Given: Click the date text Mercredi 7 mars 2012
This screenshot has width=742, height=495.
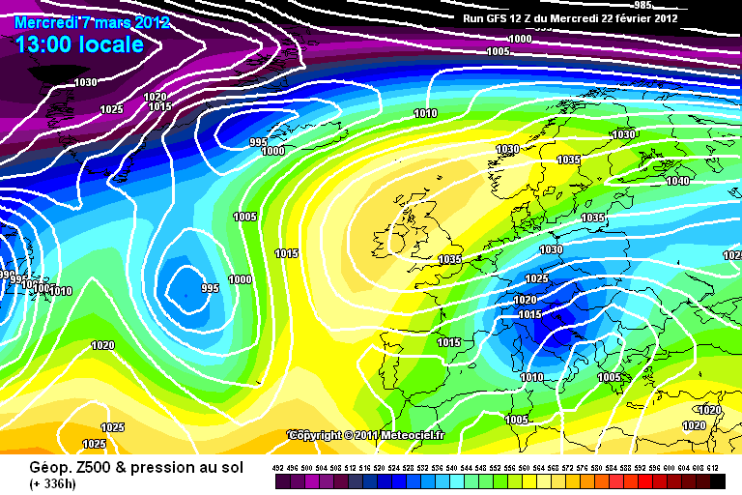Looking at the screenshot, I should [x=93, y=22].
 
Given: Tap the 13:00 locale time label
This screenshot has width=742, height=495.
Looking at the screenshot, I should [x=79, y=44].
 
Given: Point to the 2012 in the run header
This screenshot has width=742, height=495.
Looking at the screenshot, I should [x=664, y=17].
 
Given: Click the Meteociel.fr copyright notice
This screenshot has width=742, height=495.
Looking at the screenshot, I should [x=366, y=435].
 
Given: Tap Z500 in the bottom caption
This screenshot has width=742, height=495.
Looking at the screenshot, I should [x=94, y=467].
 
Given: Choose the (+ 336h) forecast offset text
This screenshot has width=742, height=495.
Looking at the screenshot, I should [x=57, y=483].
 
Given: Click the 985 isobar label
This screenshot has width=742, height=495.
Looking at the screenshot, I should [x=670, y=86].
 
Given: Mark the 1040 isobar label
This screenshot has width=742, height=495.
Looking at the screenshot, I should [x=677, y=181].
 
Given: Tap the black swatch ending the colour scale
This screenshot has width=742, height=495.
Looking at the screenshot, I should [x=717, y=479].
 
